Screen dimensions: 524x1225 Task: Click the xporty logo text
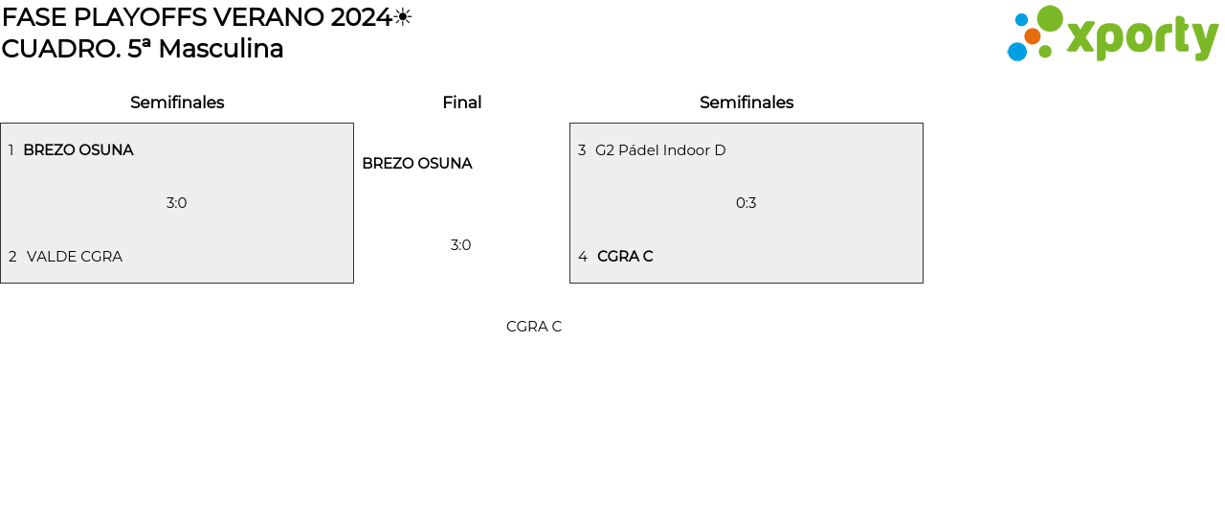[1142, 37]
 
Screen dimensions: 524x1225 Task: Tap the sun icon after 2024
[403, 17]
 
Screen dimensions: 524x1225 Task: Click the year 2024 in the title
[361, 17]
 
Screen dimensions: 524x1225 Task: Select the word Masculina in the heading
[221, 49]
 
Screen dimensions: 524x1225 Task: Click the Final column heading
[461, 103]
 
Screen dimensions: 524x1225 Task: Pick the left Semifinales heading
[177, 103]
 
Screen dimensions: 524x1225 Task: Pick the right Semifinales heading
[746, 103]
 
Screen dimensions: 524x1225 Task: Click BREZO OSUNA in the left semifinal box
[78, 150]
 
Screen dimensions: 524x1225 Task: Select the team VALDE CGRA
[75, 257]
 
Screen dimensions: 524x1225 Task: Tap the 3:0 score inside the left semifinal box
[177, 203]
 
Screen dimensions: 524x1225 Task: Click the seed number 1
[11, 150]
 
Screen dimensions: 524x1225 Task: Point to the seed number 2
[12, 257]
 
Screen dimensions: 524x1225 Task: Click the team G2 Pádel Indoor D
[660, 150]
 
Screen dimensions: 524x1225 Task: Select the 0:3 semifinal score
[746, 203]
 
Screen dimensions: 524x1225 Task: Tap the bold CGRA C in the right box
[625, 257]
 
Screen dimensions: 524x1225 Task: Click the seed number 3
[582, 150]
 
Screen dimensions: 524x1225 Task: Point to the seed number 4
[583, 257]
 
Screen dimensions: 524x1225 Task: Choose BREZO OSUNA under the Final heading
[417, 164]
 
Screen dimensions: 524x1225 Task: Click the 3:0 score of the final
[461, 245]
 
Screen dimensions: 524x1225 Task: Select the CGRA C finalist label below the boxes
[534, 327]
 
